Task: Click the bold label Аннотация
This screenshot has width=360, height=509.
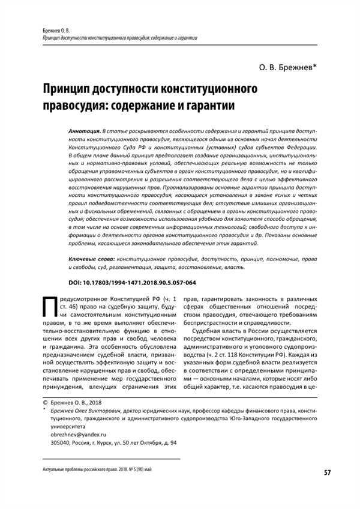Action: click(x=85, y=130)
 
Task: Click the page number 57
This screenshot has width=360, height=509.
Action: click(x=327, y=473)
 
